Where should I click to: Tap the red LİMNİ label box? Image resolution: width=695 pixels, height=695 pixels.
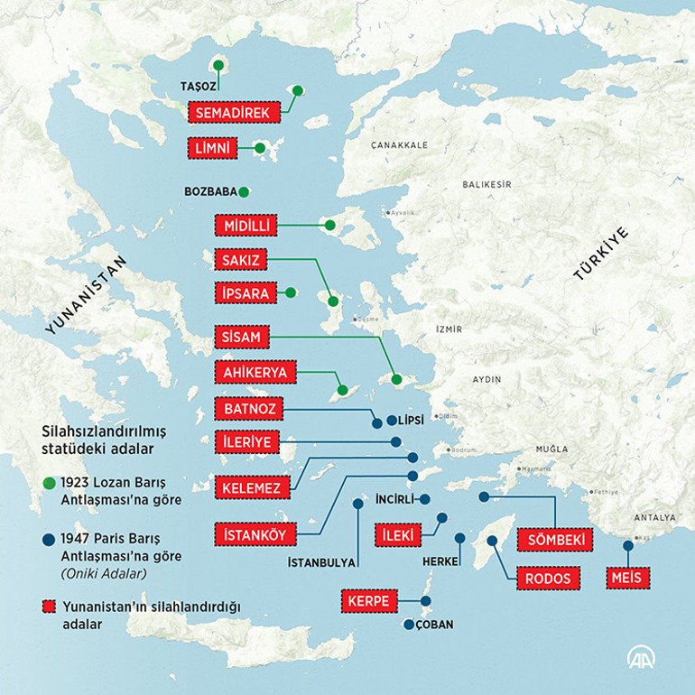pyautogui.click(x=212, y=147)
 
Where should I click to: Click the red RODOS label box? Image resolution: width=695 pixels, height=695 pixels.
pyautogui.click(x=547, y=579)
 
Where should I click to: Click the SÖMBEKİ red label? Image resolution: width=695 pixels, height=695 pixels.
pyautogui.click(x=555, y=540)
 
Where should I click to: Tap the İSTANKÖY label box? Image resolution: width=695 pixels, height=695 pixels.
pyautogui.click(x=255, y=534)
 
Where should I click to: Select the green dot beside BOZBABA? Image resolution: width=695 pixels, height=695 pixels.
pyautogui.click(x=244, y=191)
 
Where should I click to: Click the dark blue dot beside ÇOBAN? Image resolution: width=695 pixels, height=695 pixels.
pyautogui.click(x=409, y=625)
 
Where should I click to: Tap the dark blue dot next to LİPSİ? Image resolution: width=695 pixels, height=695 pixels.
pyautogui.click(x=391, y=421)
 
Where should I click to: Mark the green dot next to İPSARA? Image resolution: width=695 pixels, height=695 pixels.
pyautogui.click(x=291, y=292)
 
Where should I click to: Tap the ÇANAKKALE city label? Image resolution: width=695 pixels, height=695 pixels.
pyautogui.click(x=398, y=144)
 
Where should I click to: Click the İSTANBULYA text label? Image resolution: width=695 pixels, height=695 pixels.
pyautogui.click(x=320, y=563)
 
